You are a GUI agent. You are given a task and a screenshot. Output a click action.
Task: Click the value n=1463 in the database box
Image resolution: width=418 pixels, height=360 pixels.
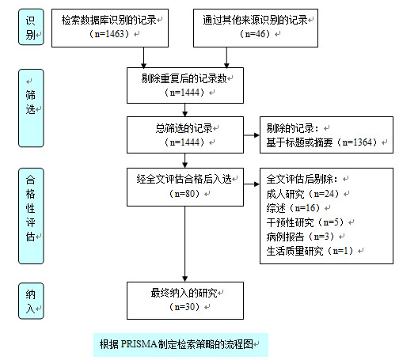[x=109, y=34]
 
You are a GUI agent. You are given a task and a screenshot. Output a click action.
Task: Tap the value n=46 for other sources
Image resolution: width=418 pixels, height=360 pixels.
[x=255, y=34]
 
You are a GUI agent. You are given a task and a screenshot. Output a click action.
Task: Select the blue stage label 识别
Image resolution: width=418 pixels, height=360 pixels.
[x=31, y=27]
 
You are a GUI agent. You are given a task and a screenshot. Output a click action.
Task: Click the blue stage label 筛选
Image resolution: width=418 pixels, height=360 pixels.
[x=31, y=108]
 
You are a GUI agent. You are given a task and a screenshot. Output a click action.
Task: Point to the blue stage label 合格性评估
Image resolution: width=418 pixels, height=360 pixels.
[x=31, y=216]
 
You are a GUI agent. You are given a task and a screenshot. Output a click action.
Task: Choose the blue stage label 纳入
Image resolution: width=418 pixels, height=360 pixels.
[x=31, y=301]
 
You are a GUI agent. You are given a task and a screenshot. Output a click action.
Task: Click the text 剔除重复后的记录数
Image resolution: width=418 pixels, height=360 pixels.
[x=184, y=78]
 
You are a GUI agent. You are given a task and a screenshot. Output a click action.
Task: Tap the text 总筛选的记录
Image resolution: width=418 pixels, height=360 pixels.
[x=184, y=128]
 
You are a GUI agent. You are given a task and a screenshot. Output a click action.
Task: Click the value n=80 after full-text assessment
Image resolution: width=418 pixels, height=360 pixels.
[x=184, y=194]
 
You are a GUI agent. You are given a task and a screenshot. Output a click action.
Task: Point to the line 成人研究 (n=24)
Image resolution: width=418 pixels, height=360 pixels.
[x=302, y=194]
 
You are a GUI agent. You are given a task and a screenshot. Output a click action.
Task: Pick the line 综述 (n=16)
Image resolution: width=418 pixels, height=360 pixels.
[x=293, y=208]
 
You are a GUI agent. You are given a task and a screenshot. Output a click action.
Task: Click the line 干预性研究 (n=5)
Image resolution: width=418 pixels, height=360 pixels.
[x=305, y=222]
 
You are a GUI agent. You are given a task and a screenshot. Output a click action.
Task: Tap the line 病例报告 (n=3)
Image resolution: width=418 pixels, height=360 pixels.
[x=300, y=237]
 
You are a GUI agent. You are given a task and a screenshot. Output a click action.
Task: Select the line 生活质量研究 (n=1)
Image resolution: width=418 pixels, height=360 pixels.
[x=310, y=251]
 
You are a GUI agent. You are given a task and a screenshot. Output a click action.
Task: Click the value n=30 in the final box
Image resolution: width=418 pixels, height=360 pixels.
[x=184, y=307]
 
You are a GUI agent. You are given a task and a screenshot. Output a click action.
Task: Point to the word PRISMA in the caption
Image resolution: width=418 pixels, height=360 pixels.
[x=139, y=344]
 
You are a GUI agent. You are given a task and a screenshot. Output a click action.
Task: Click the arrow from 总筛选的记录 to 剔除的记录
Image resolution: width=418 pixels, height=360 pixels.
[x=252, y=135]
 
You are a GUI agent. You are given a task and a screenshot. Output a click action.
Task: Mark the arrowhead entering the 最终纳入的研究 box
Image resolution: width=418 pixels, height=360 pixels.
[x=185, y=279]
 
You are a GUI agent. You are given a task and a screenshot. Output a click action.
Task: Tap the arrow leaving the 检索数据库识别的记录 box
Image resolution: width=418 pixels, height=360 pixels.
[x=144, y=57]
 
